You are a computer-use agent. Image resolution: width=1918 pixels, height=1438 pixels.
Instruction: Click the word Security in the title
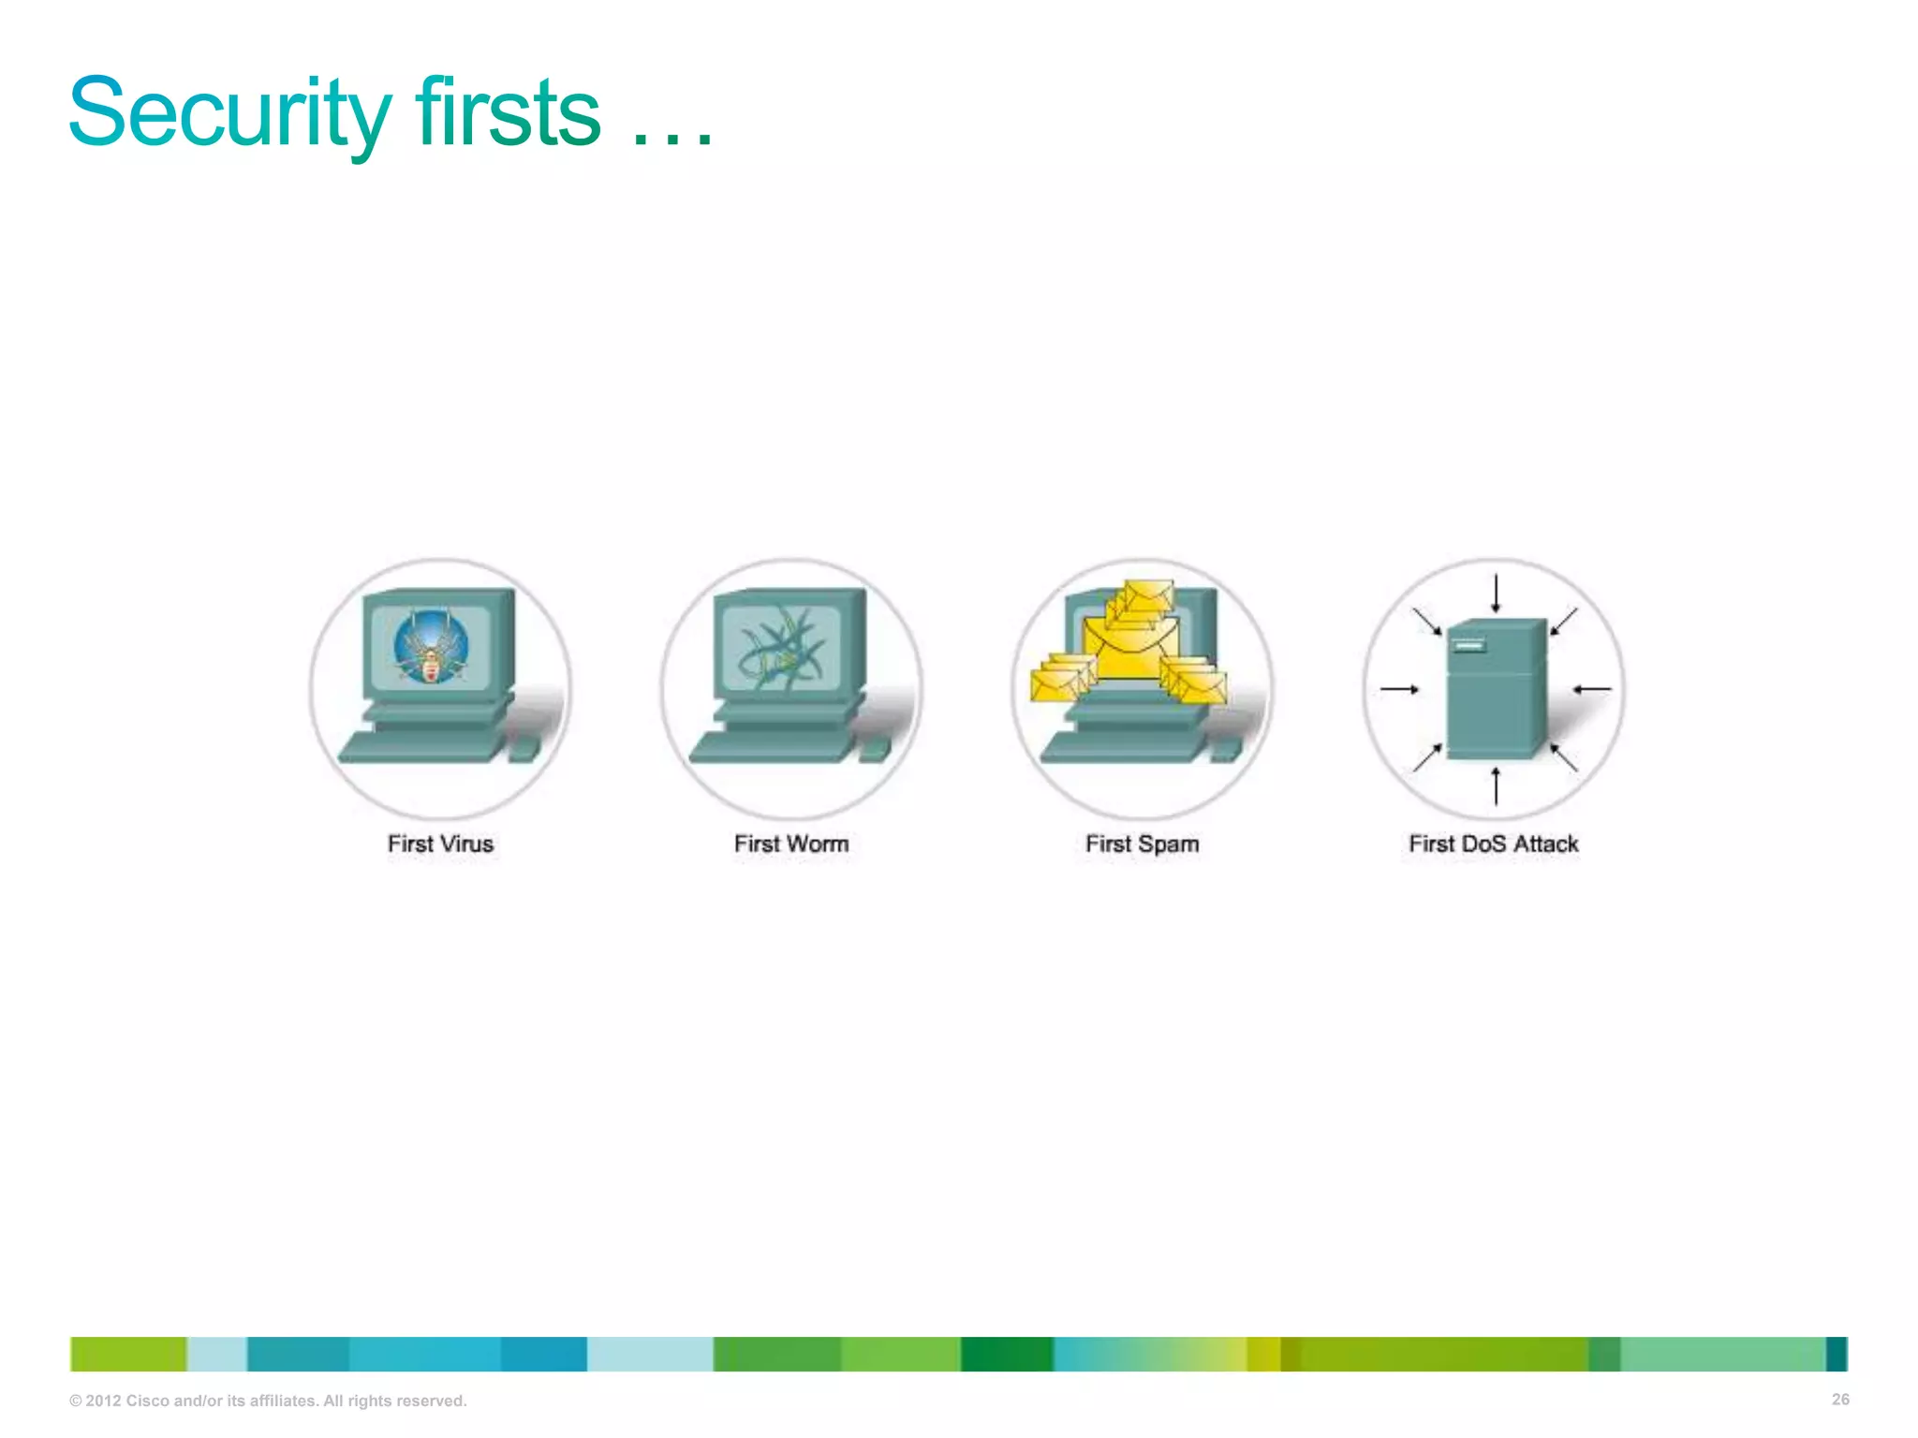pos(229,114)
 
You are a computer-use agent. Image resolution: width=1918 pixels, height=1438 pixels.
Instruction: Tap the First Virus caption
pos(440,844)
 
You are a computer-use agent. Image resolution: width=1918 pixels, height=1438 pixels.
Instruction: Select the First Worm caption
pos(791,844)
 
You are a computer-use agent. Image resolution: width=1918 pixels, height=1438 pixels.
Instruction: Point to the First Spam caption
pos(1142,844)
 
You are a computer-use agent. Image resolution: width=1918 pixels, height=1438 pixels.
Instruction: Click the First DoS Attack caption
pos(1493,844)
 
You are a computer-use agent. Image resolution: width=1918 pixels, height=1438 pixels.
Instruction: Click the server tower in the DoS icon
pos(1495,689)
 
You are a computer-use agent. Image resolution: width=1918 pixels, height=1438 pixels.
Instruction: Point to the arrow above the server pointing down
pos(1496,594)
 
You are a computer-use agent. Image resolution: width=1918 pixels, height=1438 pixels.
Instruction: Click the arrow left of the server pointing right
pos(1399,689)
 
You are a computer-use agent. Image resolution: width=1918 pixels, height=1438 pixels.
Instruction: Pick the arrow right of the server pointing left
pos(1592,689)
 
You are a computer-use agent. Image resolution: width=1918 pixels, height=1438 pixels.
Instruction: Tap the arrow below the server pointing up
pos(1496,785)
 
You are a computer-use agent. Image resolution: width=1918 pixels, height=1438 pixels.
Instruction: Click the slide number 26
pos(1839,1400)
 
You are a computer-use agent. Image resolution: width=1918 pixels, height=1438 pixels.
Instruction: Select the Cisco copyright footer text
pos(268,1401)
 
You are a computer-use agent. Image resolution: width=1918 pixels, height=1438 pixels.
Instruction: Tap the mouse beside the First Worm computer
pos(873,749)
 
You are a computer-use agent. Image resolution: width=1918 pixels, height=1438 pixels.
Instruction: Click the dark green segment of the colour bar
pos(1007,1354)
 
